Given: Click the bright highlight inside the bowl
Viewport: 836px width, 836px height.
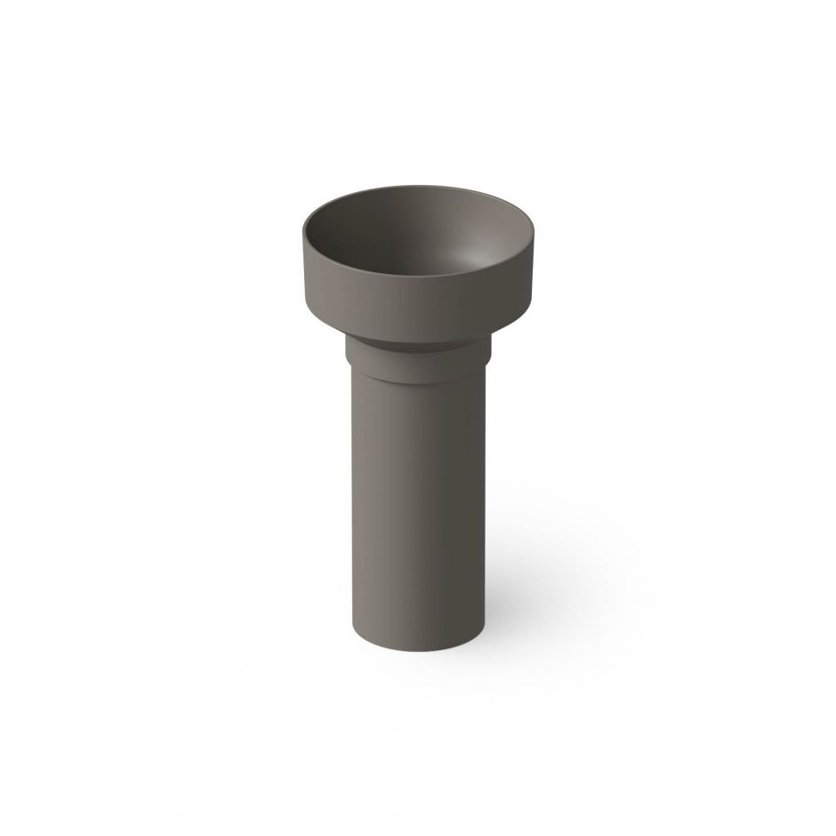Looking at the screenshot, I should tap(485, 258).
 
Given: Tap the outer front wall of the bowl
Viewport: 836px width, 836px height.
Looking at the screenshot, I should tap(418, 307).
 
